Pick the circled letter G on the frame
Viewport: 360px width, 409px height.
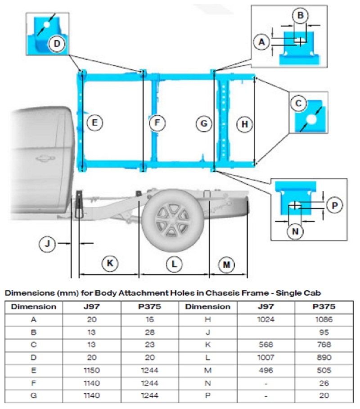tap(204, 123)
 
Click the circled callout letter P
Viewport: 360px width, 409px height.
tap(334, 205)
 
